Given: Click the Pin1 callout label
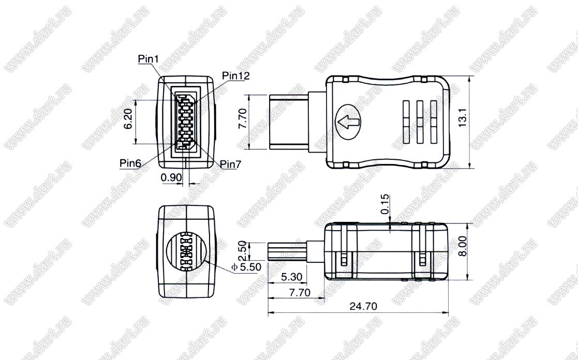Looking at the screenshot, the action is coord(148,59).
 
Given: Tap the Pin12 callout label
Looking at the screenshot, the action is coord(236,76).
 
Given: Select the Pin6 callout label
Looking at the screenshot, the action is coord(130,163).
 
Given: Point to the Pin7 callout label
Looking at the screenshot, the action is coord(230,164).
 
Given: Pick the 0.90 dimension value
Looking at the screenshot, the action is coord(171,177).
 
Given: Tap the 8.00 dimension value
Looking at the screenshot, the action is coord(462,246).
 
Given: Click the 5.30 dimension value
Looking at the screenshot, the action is coord(291,276).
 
